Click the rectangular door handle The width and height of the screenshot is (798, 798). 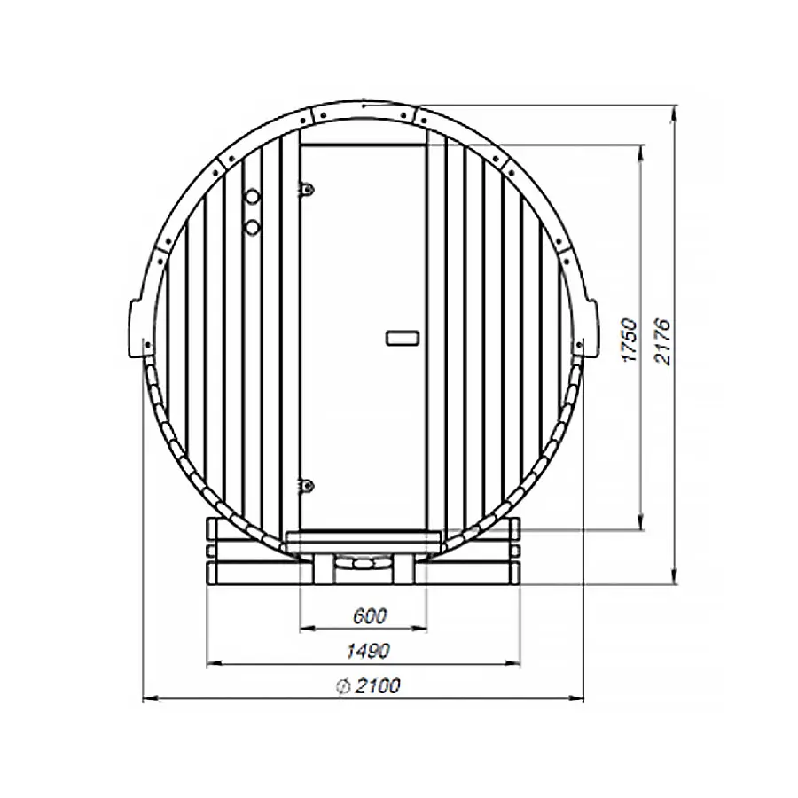click(403, 337)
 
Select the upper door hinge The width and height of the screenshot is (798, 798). click(307, 188)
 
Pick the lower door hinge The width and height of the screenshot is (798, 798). click(307, 485)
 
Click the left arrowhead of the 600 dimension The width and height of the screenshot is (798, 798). click(304, 628)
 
